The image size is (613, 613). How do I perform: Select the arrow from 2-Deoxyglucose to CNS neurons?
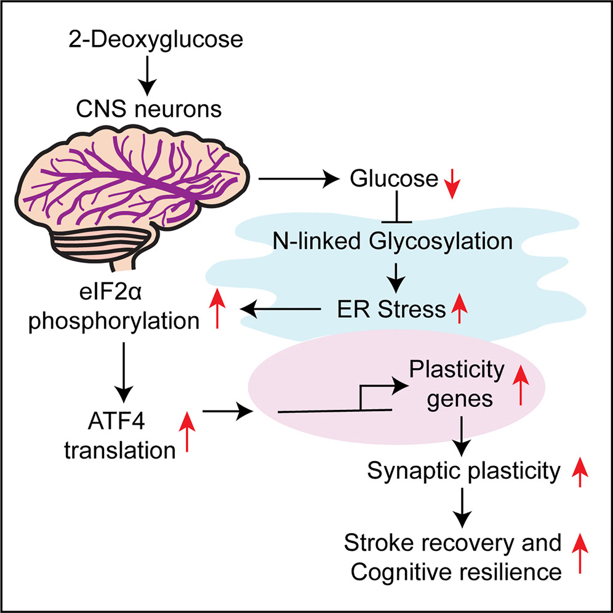click(146, 77)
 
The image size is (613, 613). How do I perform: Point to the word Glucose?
click(393, 180)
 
